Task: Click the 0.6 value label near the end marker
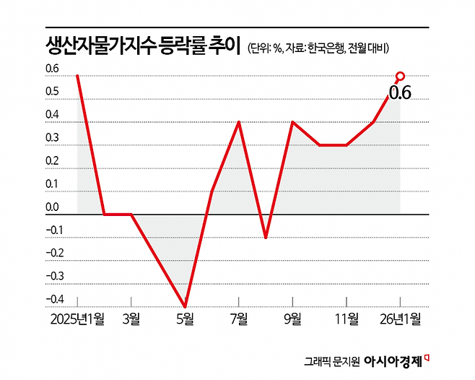pos(399,92)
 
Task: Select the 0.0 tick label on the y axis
pos(52,208)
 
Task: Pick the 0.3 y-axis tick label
pos(52,139)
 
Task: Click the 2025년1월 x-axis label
pos(77,319)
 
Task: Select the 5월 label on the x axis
pos(185,319)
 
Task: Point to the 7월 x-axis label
pos(239,319)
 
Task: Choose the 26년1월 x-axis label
pos(401,319)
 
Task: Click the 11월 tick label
pos(347,319)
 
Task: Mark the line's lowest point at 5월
pos(185,306)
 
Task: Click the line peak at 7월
pos(239,122)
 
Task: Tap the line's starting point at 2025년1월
pos(77,76)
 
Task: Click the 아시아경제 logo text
pos(393,360)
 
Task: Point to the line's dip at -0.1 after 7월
pos(266,237)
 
